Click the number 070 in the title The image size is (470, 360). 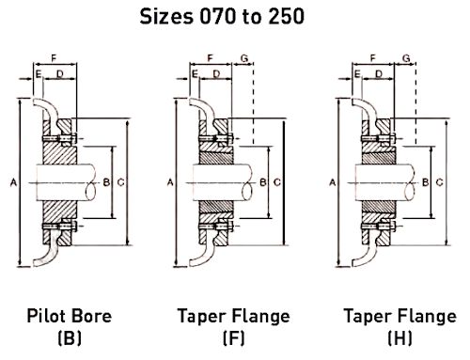coord(217,16)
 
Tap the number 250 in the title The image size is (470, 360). coord(287,16)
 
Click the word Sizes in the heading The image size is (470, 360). coord(166,16)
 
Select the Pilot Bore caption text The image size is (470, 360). coord(70,316)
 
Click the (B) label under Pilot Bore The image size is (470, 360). coord(70,337)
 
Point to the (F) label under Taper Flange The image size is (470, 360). coord(234,337)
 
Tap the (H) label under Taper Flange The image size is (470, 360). coord(399,337)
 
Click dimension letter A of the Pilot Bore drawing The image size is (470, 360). coord(13,182)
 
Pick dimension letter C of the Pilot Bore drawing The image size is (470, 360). coord(121,182)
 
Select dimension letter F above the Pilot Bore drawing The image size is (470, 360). coord(54,58)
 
